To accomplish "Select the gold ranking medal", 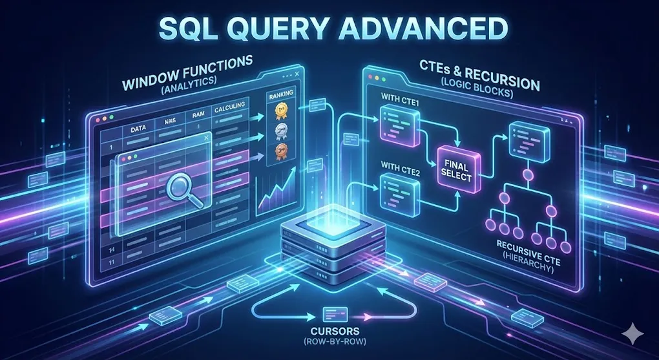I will (x=281, y=111).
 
